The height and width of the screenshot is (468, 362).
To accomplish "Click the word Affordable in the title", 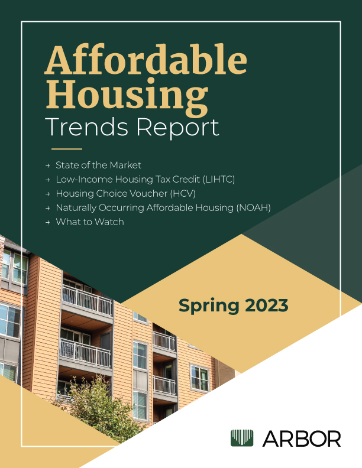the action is (x=146, y=60).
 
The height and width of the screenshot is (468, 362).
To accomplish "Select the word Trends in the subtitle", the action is (x=86, y=128).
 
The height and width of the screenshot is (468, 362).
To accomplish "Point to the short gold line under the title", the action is (x=67, y=149).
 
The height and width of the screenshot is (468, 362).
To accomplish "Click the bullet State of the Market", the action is (x=98, y=165).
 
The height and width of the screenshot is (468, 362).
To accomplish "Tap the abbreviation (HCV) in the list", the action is (x=183, y=193).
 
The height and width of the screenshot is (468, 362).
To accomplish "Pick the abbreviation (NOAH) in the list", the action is (x=253, y=207).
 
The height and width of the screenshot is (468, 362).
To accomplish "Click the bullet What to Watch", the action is (x=89, y=222).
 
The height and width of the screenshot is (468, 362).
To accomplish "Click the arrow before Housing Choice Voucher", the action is (x=47, y=194).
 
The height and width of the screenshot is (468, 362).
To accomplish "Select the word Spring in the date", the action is (x=209, y=306).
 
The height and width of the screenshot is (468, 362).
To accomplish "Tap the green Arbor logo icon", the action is (x=242, y=438).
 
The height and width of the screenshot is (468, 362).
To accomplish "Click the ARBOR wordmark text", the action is (x=302, y=438).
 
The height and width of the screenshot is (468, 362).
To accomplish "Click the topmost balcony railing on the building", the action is (x=87, y=300).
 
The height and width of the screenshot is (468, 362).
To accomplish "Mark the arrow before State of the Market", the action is (x=47, y=165).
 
